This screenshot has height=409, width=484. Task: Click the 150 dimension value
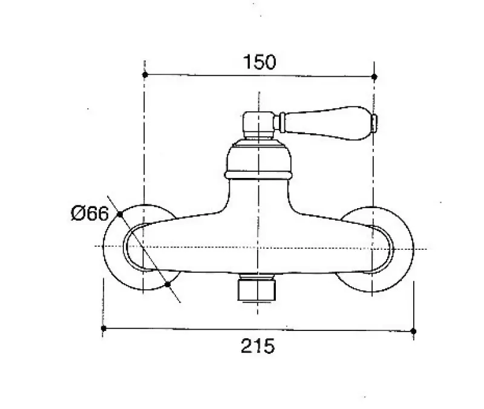pyautogui.click(x=260, y=62)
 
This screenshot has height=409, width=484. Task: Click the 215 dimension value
pyautogui.click(x=258, y=345)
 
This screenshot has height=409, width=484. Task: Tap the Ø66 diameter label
pyautogui.click(x=90, y=213)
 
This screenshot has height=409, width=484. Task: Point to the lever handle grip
pyautogui.click(x=328, y=123)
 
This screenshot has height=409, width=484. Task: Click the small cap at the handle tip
pyautogui.click(x=374, y=123)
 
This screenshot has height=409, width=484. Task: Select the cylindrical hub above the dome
pyautogui.click(x=258, y=125)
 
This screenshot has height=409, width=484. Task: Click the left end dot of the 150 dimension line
pyautogui.click(x=145, y=74)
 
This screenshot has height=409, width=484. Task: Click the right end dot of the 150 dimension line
pyautogui.click(x=374, y=77)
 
